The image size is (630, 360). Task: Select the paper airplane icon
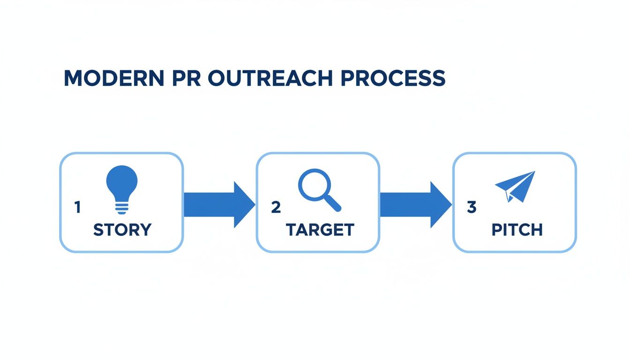515,186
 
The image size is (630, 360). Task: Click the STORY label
122,230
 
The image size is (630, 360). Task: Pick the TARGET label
320,230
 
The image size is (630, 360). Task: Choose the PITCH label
517,230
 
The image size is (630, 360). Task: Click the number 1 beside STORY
77,207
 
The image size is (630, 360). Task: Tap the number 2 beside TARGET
276,207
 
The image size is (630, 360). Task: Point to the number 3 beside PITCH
472,207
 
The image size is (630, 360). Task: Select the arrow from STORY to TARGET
218,204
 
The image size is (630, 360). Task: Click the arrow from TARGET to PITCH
415,204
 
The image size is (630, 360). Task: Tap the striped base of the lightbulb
122,207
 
